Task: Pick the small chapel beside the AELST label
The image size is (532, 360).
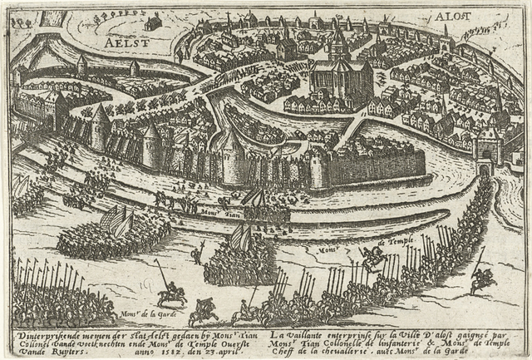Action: coord(153,23)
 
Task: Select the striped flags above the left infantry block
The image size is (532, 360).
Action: coord(116,220)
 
